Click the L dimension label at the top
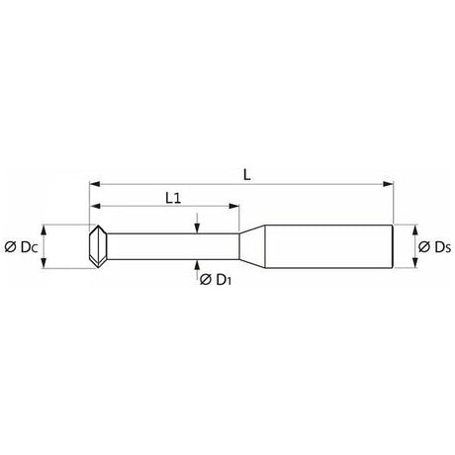coord(247,174)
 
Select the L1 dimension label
coord(173,198)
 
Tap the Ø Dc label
coord(21,247)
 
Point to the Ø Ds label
coord(434,247)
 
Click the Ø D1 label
coord(216,280)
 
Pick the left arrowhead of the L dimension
coord(95,184)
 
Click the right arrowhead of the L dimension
coord(388,184)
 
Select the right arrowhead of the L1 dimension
coord(233,206)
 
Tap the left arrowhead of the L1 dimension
coord(95,206)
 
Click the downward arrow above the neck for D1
coord(197,224)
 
